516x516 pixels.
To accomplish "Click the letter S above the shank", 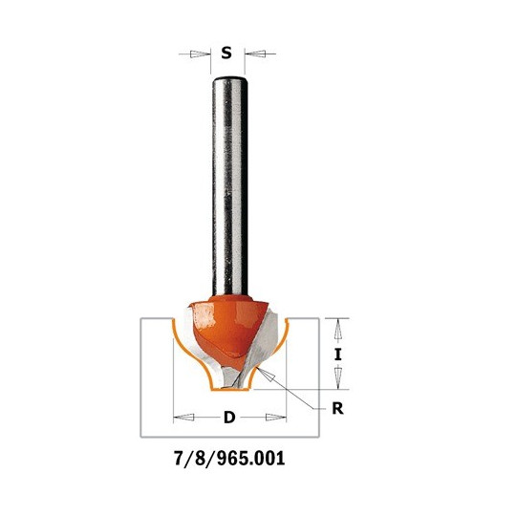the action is point(226,53).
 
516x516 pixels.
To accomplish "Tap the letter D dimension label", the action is point(229,418).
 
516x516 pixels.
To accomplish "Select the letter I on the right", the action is point(337,355).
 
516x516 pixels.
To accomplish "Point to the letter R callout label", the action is point(337,409).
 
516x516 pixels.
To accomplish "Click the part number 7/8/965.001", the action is point(229,458).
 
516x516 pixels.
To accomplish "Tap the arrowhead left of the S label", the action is point(200,54).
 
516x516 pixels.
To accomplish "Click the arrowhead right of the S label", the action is point(255,54).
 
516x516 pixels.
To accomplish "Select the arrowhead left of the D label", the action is point(183,418).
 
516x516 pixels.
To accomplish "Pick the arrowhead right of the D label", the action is point(276,418).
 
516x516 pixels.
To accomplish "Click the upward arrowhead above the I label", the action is point(337,329).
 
